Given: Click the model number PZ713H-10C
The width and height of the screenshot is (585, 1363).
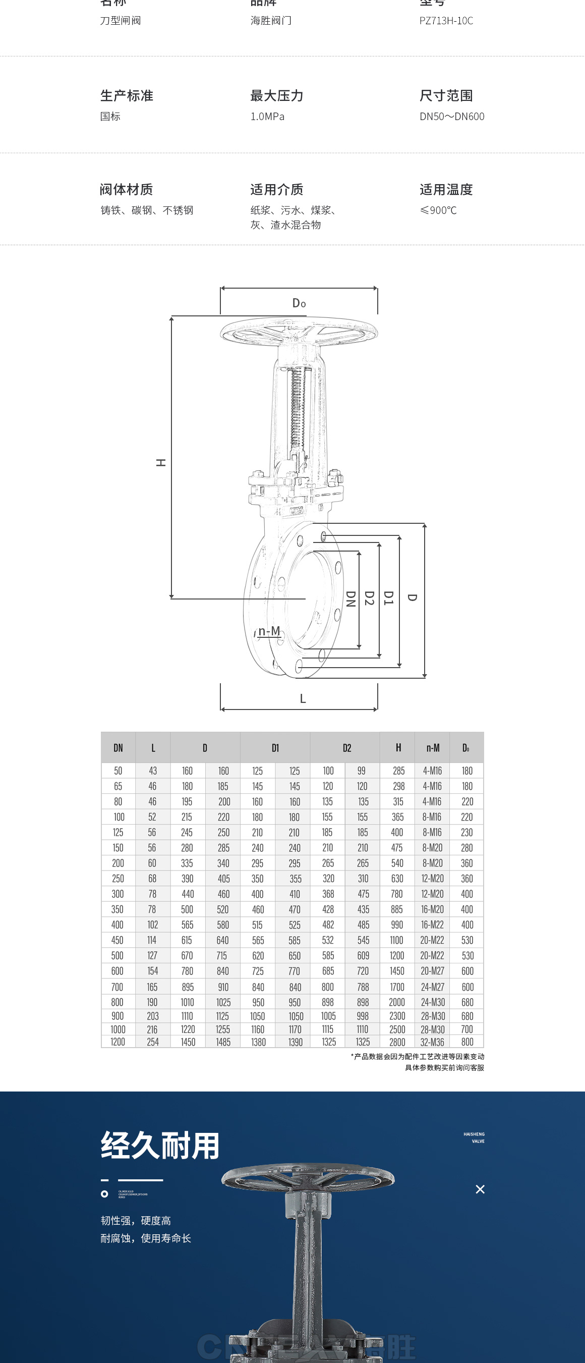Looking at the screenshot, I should coord(446,21).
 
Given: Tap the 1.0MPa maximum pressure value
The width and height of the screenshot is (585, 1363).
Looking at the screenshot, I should coord(267,117).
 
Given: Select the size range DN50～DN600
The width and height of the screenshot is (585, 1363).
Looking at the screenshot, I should coord(452,117).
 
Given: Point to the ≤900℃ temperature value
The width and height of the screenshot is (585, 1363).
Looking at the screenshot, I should coord(438,210).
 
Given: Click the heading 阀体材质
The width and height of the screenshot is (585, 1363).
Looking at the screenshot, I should coord(127,189).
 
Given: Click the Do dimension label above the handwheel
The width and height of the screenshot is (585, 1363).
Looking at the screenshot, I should coord(299,303).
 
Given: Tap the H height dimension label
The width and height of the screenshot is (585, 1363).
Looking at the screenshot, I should coord(161,462).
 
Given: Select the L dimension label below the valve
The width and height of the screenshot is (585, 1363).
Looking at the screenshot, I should coord(303,698).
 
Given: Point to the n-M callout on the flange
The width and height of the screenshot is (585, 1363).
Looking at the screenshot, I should coord(269,631).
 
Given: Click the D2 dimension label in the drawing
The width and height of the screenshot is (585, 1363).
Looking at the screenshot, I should coord(369,598).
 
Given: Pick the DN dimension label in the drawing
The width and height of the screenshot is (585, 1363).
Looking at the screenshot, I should coord(350,598).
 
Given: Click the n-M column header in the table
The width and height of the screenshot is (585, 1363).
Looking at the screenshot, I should coord(433,748).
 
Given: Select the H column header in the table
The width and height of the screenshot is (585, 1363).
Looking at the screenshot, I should coord(398,747).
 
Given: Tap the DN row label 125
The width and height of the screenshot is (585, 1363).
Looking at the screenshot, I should coord(118,832).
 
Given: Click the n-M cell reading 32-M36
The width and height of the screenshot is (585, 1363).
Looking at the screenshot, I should coord(433,1042).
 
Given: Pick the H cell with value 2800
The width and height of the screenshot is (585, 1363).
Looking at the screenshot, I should coord(397,1042).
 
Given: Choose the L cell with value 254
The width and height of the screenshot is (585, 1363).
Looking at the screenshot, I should coord(153,1042).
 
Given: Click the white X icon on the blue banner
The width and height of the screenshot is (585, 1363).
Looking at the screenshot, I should coord(480,1189).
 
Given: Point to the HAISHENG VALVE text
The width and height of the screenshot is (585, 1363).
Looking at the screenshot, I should coord(474,1137).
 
